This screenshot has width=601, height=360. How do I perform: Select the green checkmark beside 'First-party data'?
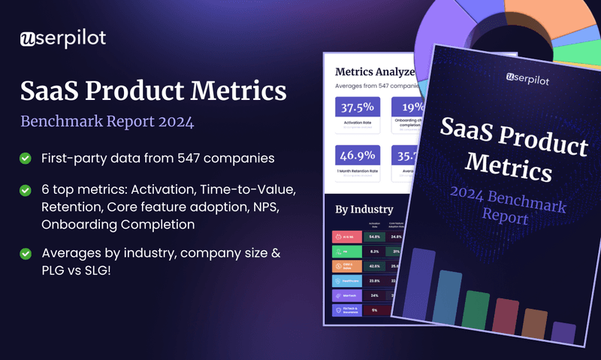(26, 158)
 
